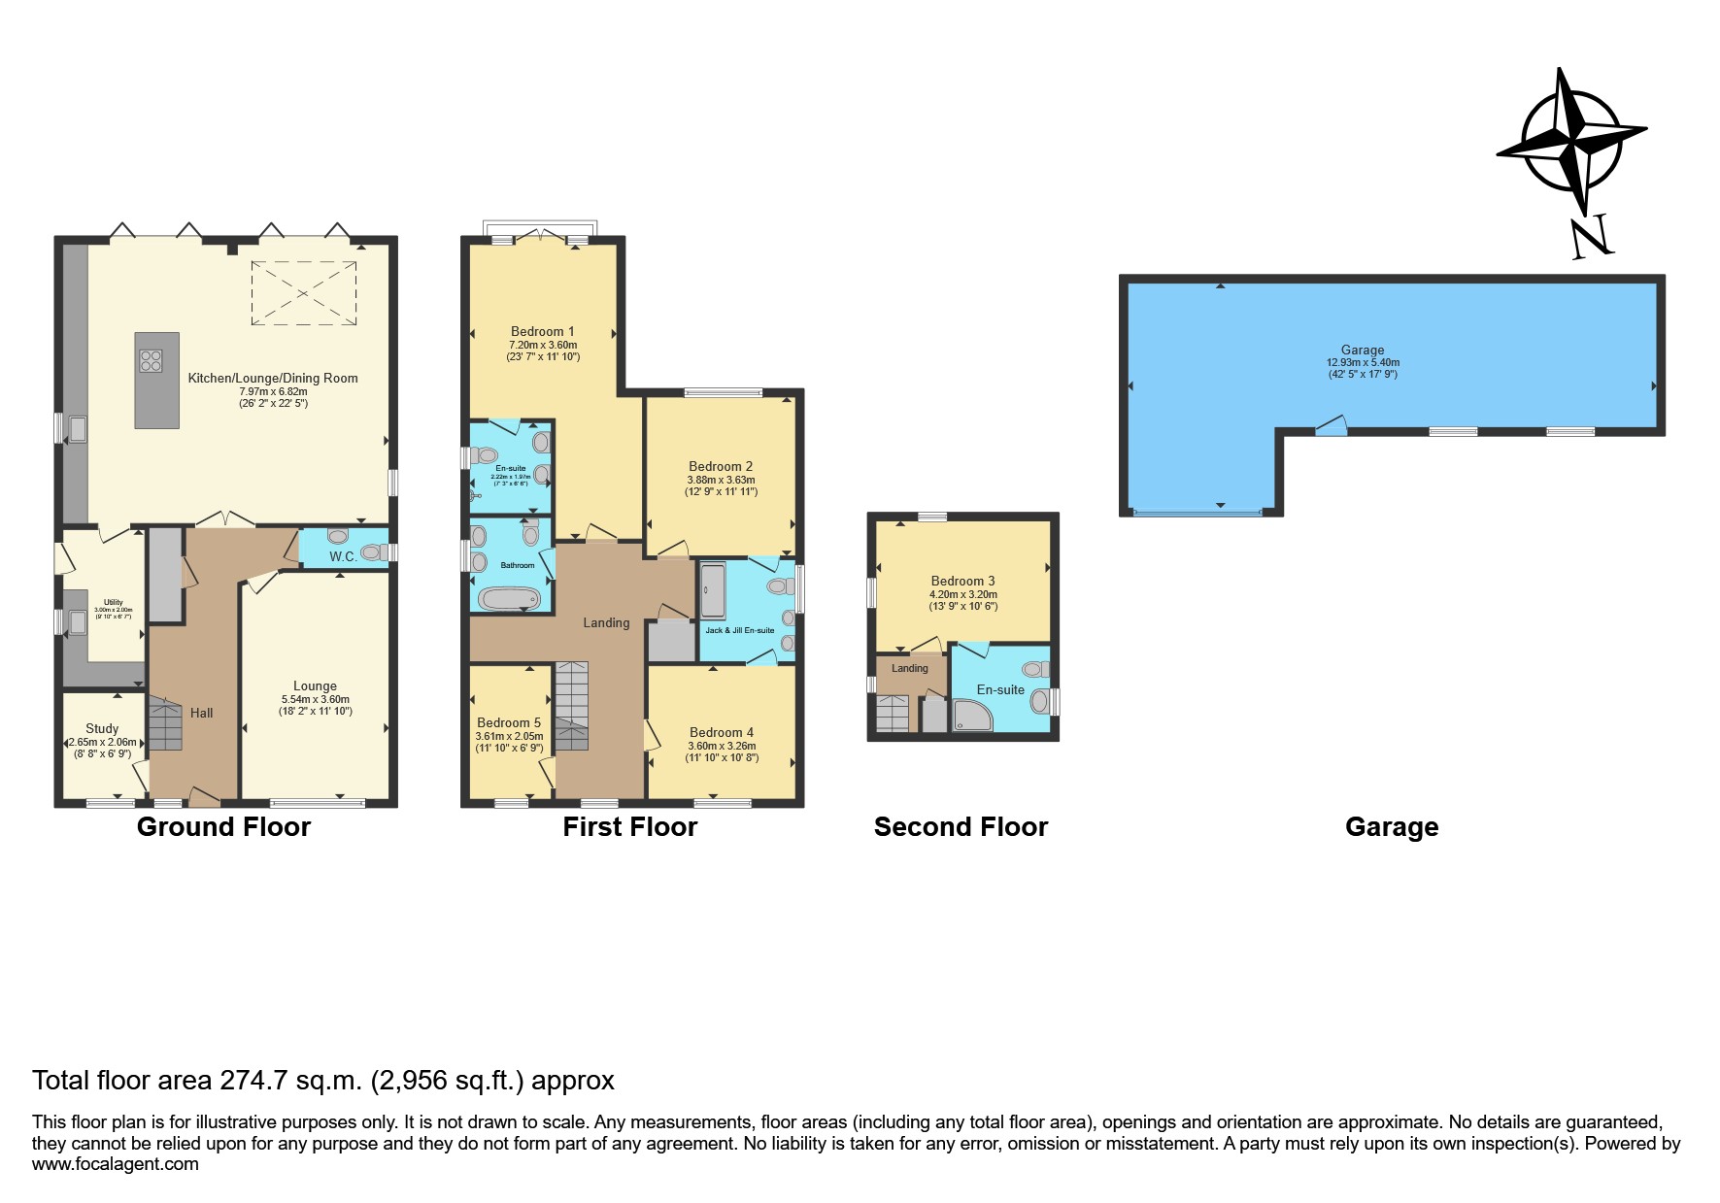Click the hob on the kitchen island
151,361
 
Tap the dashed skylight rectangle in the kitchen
304,292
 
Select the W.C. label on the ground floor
343,556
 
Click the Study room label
102,728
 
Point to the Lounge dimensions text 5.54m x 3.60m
316,699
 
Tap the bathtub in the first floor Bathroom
508,598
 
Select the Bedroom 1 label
543,331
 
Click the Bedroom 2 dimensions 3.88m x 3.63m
721,480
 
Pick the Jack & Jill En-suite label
739,630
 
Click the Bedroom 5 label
509,722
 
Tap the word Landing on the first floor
606,622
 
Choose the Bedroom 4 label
722,732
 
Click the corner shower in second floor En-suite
971,716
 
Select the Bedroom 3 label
962,581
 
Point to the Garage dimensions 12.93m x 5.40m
1363,362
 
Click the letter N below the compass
1591,238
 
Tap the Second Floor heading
961,827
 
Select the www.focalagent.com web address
116,1164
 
